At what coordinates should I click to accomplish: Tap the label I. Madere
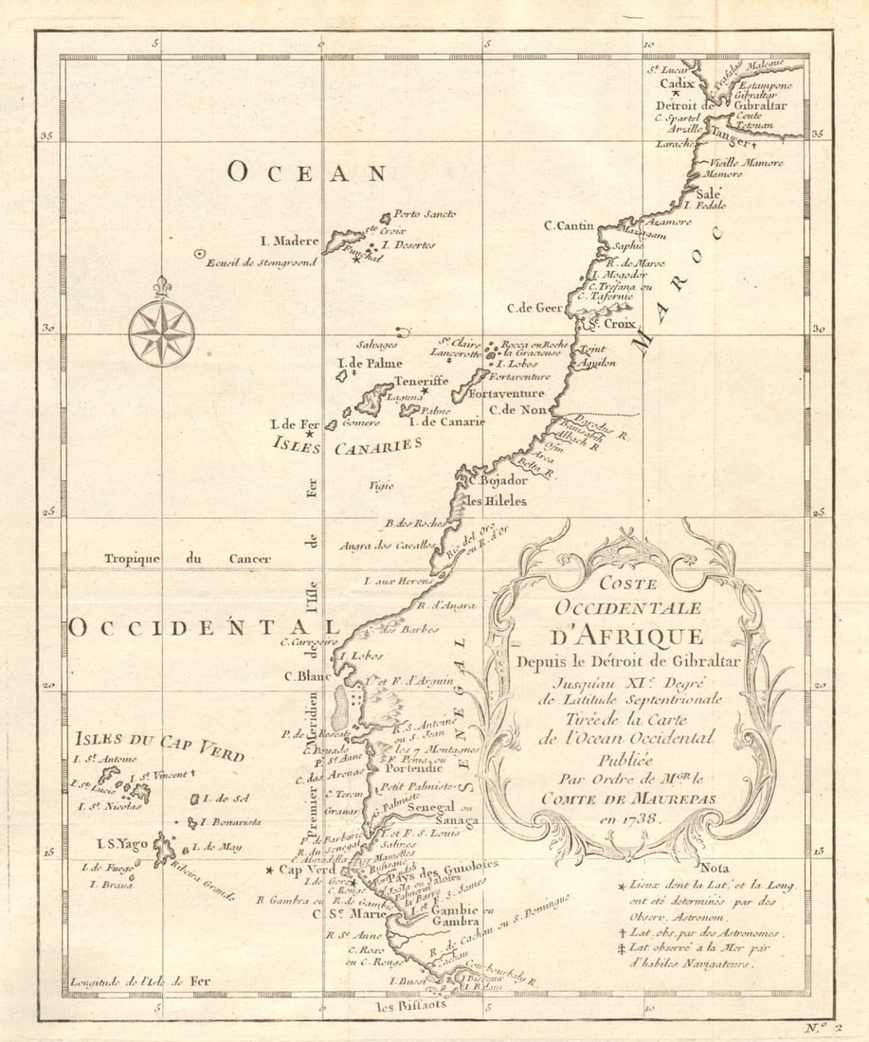click(290, 241)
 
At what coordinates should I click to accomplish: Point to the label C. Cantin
click(569, 225)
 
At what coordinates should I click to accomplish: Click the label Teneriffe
click(421, 381)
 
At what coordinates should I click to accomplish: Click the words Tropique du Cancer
click(188, 559)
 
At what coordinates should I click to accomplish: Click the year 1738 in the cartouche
click(645, 817)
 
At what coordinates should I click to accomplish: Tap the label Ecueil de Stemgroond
click(260, 262)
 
